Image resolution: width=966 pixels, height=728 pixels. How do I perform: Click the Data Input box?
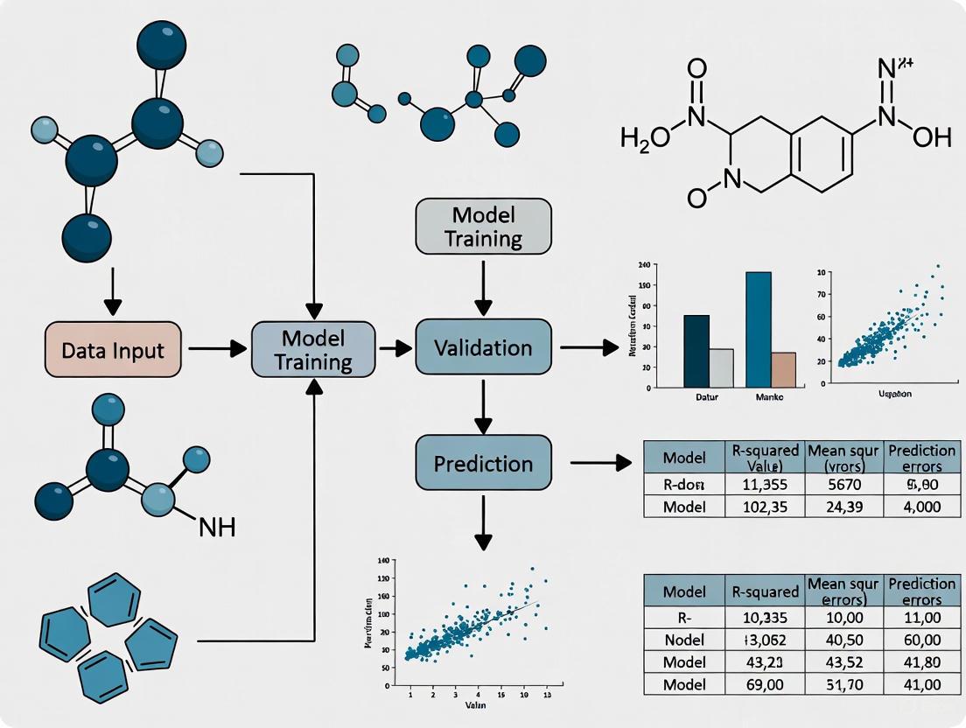[112, 349]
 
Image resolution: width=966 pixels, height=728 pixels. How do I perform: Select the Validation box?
[484, 348]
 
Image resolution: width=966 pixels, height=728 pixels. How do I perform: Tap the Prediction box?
[484, 463]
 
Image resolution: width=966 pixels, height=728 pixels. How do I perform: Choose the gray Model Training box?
[484, 227]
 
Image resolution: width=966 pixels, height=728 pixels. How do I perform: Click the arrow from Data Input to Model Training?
[218, 348]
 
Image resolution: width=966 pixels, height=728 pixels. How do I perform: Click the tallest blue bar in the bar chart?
[759, 329]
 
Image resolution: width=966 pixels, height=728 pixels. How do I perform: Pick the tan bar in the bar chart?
[784, 369]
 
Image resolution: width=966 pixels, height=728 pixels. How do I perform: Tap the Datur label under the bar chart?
[697, 396]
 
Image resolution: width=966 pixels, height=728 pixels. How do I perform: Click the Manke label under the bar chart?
[768, 396]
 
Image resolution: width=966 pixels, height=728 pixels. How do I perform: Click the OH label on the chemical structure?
[930, 137]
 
